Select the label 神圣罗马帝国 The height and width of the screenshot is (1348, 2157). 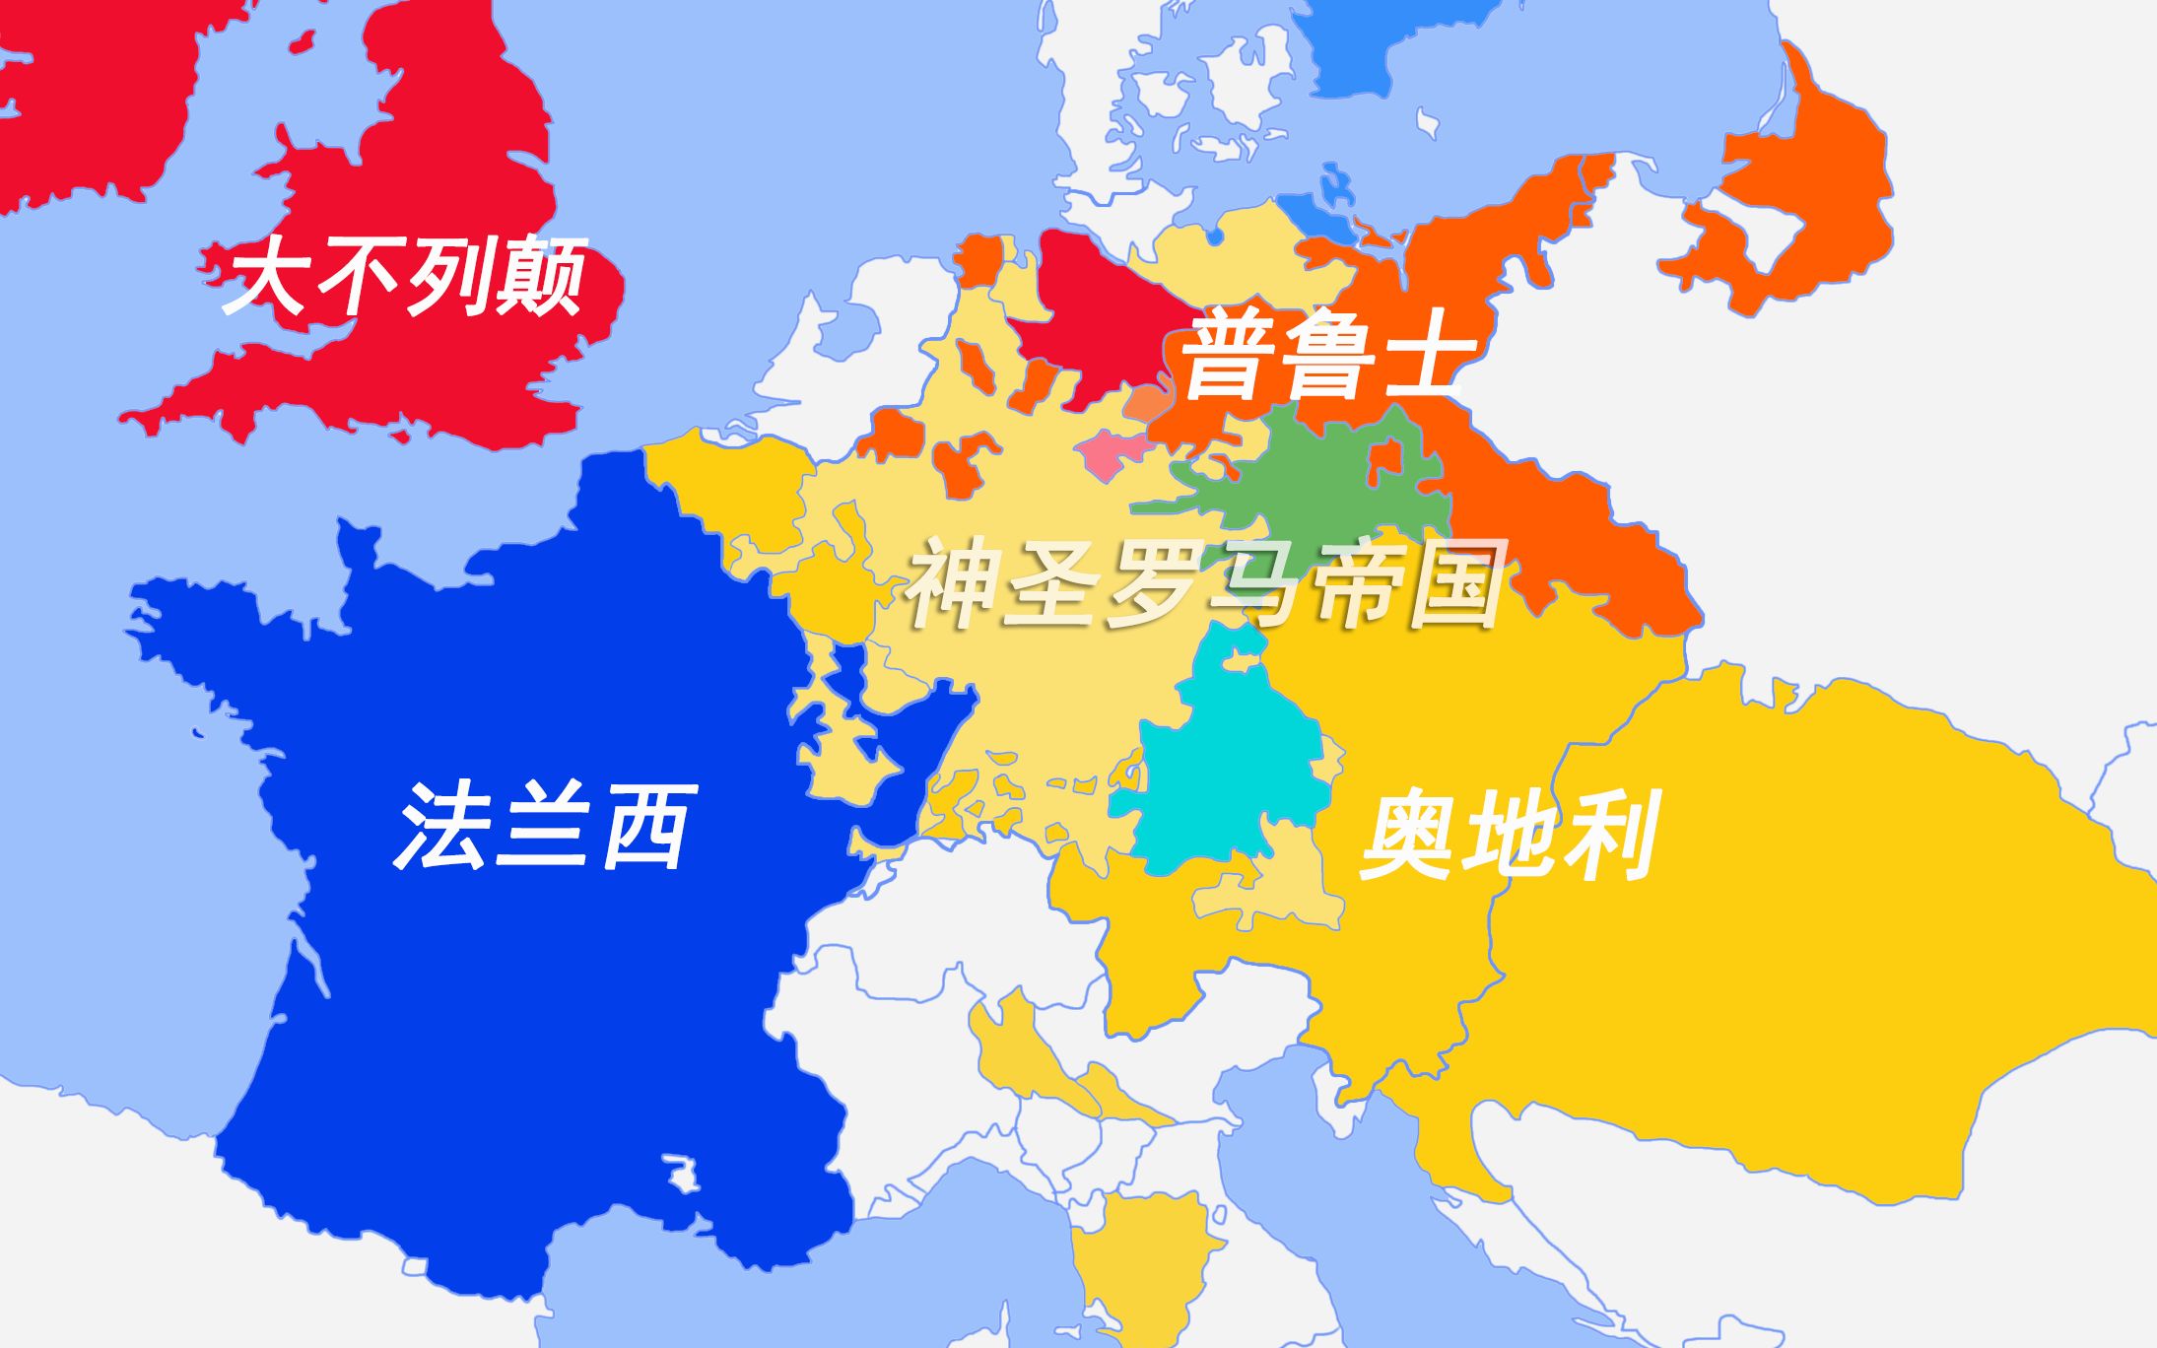tap(1204, 586)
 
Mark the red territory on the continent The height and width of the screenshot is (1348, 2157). tap(1094, 315)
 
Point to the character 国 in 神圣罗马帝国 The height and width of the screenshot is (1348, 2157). tap(1454, 586)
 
